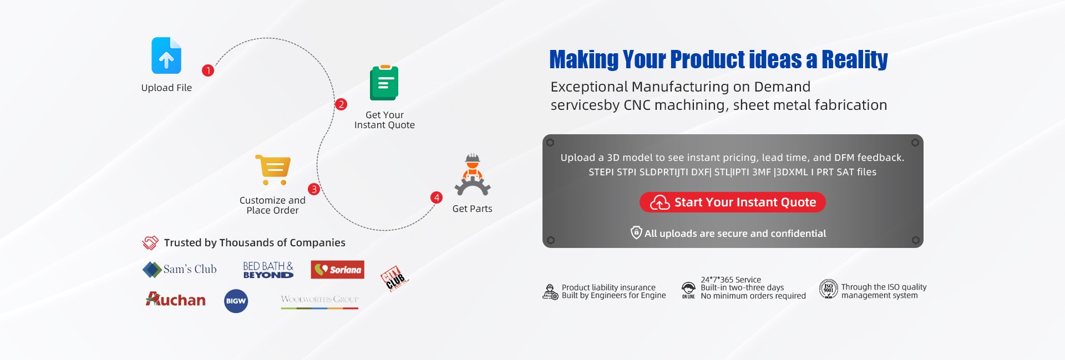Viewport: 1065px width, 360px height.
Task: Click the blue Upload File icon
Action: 166,55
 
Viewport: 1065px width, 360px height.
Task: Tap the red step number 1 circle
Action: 208,70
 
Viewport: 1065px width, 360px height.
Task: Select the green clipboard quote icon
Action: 384,83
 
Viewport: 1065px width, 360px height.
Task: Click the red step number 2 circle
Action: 341,104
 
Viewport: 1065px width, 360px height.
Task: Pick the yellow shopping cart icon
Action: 273,170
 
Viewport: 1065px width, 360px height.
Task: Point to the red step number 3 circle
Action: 314,189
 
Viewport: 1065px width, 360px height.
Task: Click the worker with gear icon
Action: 473,175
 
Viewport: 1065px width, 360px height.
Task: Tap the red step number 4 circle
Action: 437,197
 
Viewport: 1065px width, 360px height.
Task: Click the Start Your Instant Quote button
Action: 733,202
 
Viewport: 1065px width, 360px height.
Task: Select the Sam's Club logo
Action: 180,270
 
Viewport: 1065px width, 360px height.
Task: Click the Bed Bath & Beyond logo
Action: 268,270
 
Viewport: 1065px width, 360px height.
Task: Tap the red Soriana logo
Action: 337,270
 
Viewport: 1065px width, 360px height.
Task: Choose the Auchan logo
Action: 175,300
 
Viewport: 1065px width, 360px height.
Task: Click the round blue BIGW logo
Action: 236,301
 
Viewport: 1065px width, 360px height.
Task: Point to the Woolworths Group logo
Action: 319,301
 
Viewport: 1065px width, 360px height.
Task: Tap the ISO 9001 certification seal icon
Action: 828,289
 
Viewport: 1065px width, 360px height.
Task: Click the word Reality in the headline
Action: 854,59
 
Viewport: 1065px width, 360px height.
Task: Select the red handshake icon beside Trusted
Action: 150,242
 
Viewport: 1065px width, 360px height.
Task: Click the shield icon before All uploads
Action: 636,232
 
